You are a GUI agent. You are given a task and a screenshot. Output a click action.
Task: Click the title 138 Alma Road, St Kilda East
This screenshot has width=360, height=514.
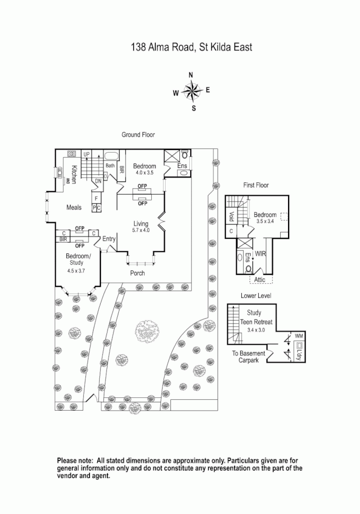click(191, 48)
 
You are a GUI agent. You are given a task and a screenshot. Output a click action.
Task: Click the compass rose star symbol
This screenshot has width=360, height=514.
click(192, 93)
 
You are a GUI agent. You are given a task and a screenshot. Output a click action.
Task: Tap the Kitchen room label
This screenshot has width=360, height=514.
click(74, 175)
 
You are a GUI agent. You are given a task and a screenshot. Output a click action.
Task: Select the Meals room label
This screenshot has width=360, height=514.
click(74, 208)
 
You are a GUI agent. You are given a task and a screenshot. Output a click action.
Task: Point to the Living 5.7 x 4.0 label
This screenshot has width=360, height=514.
click(140, 227)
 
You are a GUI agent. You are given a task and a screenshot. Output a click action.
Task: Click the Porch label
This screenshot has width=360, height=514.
click(137, 273)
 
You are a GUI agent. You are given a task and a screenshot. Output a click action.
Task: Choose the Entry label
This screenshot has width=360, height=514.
click(109, 239)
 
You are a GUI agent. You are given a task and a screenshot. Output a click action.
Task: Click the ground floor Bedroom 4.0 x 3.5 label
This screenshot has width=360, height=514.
click(145, 169)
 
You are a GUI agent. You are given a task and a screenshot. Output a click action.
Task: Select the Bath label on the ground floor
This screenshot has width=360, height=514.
click(110, 166)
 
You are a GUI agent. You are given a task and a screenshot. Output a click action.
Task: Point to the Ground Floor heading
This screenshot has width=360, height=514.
click(138, 135)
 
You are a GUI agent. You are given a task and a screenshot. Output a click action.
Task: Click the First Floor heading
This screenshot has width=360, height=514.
click(256, 185)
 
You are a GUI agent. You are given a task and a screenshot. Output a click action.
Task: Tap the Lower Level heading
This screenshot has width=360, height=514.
click(255, 296)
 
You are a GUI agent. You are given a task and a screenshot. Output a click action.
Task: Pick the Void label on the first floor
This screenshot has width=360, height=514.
click(231, 216)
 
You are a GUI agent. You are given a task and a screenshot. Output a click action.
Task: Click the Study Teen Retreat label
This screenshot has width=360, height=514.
click(254, 319)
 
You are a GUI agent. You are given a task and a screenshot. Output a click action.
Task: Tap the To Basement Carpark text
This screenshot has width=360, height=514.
click(248, 357)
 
